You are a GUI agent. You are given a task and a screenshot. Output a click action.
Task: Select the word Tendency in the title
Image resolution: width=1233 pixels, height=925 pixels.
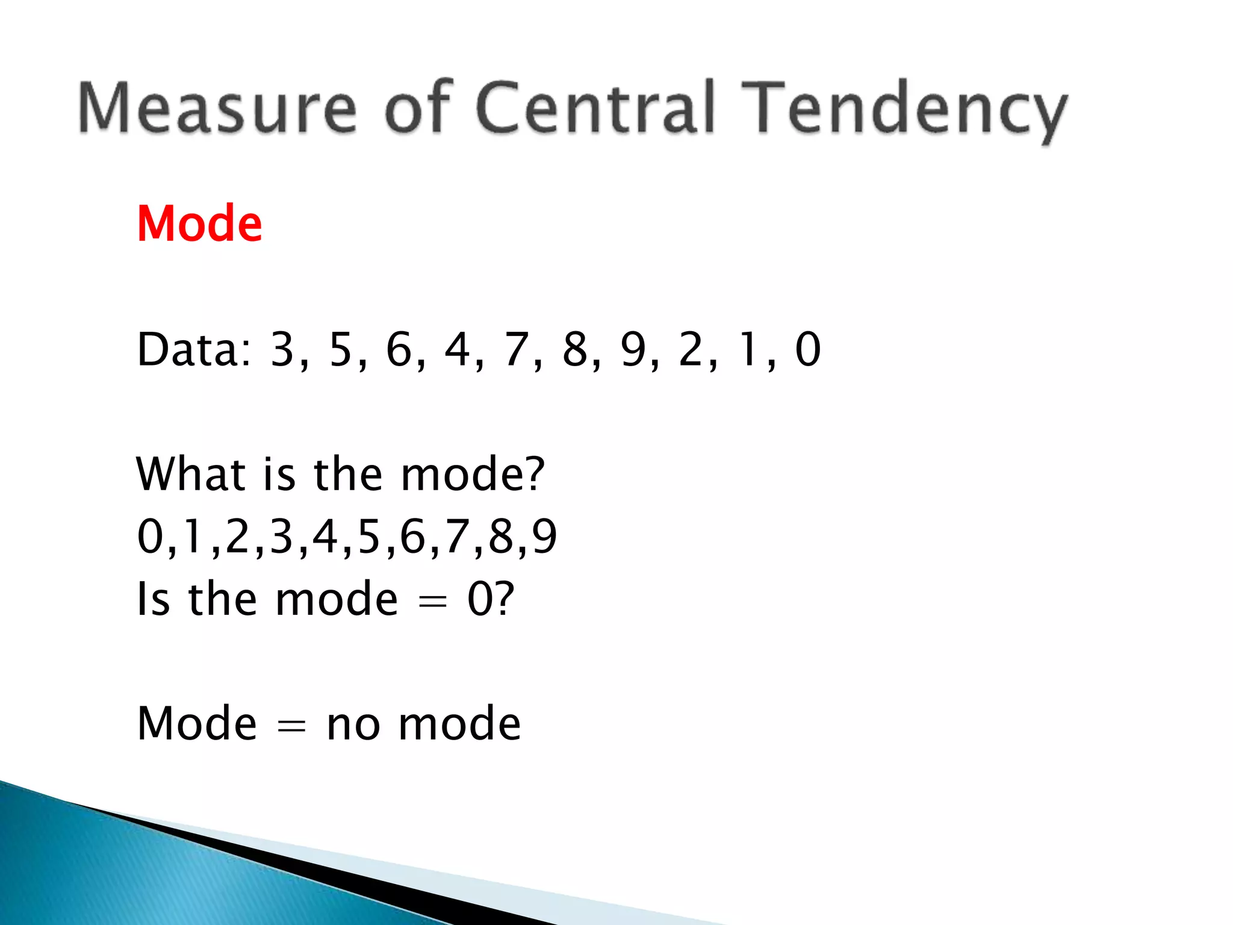coord(903,111)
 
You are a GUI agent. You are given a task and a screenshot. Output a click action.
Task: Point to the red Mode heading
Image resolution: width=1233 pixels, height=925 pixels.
coord(199,224)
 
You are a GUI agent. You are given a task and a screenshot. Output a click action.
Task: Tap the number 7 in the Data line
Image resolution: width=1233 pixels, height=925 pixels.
coord(517,349)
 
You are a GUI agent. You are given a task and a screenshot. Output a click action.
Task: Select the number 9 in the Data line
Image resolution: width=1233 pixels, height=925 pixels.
coord(633,349)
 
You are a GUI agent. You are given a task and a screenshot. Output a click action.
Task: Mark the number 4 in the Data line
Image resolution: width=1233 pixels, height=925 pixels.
coord(458,349)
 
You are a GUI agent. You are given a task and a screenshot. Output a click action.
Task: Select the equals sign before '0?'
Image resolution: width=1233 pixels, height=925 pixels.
coord(432,602)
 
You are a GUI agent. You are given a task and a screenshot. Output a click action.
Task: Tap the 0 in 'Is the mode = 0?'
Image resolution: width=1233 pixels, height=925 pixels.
coord(480,599)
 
